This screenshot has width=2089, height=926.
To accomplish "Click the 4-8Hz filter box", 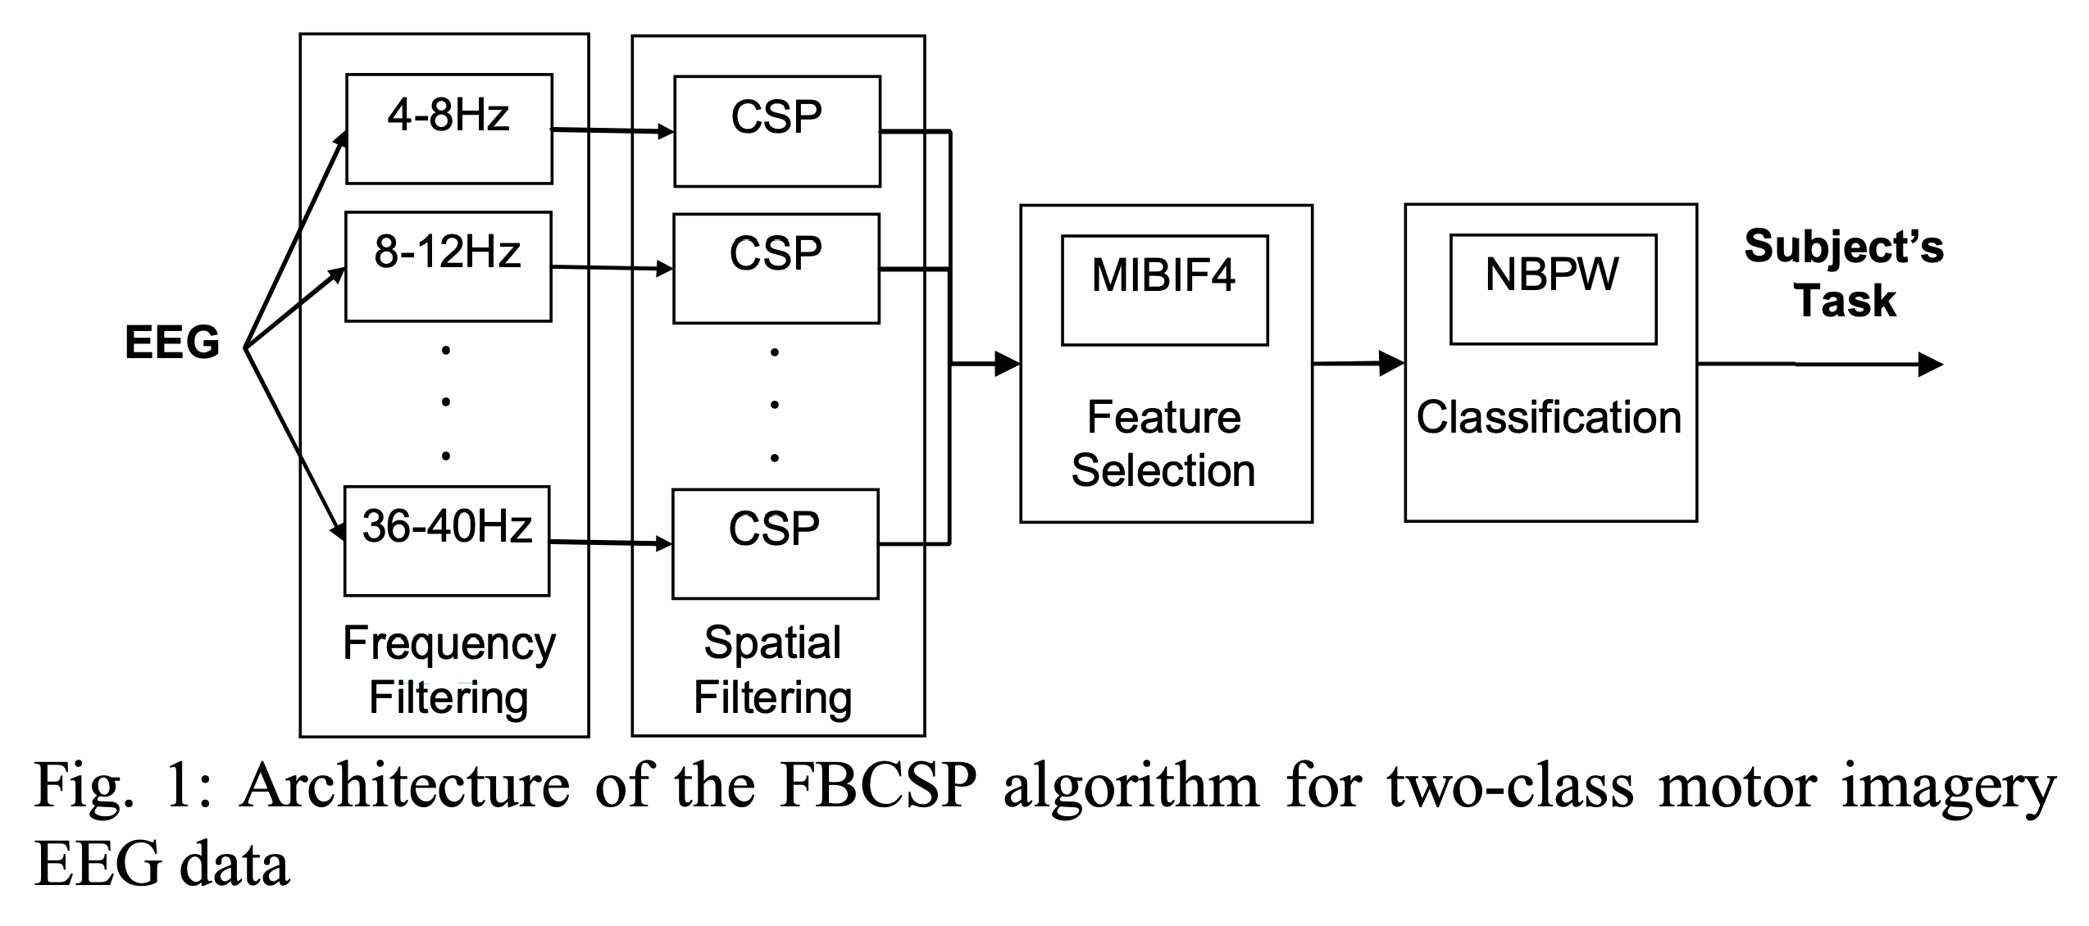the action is [x=449, y=129].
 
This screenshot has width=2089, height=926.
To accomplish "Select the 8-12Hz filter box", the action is [x=448, y=266].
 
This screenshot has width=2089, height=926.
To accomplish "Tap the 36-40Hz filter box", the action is [x=447, y=541].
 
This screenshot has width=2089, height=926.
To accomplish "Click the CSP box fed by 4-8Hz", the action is [x=777, y=131].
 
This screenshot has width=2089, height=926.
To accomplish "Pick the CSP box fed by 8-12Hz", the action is [x=776, y=269].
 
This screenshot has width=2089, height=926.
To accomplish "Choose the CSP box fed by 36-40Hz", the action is [x=776, y=544].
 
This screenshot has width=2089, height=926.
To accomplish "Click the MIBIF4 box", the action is [x=1165, y=290].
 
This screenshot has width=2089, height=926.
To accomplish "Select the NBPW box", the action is [x=1554, y=289].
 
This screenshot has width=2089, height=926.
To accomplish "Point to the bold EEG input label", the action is [x=172, y=342].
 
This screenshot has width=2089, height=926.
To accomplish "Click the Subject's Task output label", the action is [x=1845, y=273].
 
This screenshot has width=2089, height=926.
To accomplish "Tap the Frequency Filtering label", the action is [x=449, y=670].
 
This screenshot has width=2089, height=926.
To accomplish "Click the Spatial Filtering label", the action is [x=773, y=670].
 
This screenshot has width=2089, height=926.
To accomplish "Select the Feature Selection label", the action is [x=1163, y=444].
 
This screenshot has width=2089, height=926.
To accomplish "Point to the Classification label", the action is [x=1550, y=417].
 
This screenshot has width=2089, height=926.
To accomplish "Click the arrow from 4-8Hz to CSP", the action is [x=612, y=130].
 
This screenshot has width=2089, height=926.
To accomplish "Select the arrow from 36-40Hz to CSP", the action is [x=611, y=542].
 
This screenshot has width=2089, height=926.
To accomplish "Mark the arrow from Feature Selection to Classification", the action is [x=1359, y=363].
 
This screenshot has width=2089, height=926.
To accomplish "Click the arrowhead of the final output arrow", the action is [x=1932, y=365].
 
